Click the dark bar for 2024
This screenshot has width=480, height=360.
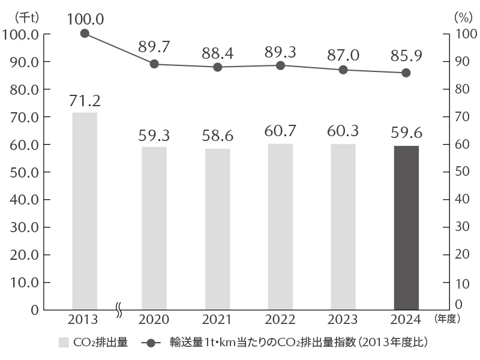click(x=406, y=227)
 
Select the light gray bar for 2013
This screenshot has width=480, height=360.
click(x=85, y=211)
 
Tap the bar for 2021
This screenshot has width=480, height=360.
click(x=218, y=229)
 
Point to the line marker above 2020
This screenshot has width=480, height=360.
click(x=154, y=64)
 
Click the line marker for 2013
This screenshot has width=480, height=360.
click(x=85, y=34)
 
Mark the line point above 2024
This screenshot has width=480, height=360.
click(x=406, y=73)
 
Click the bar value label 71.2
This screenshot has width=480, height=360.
click(x=85, y=100)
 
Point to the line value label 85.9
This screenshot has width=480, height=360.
click(x=406, y=56)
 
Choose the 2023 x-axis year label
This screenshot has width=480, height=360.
click(x=343, y=319)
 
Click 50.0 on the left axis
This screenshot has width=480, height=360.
click(x=22, y=172)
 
